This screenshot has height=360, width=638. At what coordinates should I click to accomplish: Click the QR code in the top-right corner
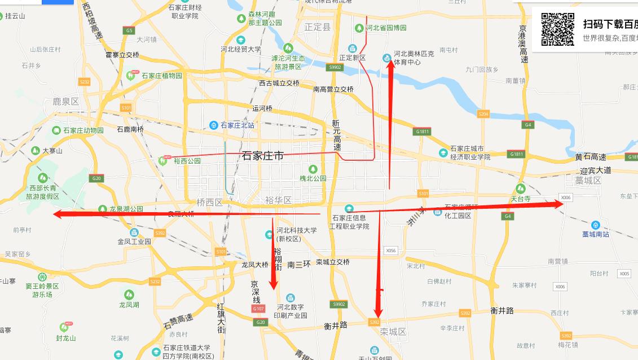coord(557,29)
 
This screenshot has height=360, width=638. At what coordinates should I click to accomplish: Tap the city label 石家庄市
coord(263,156)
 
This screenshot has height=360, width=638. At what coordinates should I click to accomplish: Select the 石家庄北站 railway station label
coord(237,125)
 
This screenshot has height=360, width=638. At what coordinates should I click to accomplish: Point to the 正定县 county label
coord(318,27)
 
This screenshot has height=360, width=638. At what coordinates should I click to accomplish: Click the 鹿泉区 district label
coord(65,102)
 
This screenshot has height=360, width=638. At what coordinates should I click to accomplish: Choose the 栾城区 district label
coord(393,332)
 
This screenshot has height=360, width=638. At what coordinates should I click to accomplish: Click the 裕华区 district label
coord(279,200)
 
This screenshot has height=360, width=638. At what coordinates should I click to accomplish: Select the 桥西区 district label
coord(210,202)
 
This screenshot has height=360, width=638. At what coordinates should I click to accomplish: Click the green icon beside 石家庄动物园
coord(56,130)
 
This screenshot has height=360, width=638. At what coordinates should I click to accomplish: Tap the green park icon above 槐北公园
coord(313,169)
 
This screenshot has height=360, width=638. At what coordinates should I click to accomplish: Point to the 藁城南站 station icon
coord(596,225)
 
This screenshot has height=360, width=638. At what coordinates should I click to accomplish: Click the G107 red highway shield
coord(258,309)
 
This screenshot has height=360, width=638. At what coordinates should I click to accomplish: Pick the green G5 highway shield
coord(130,30)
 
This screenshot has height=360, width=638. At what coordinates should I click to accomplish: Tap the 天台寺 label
coord(521,199)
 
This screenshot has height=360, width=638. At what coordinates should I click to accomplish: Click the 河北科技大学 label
coord(297,230)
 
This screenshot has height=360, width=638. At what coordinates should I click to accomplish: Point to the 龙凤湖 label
coord(129,305)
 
